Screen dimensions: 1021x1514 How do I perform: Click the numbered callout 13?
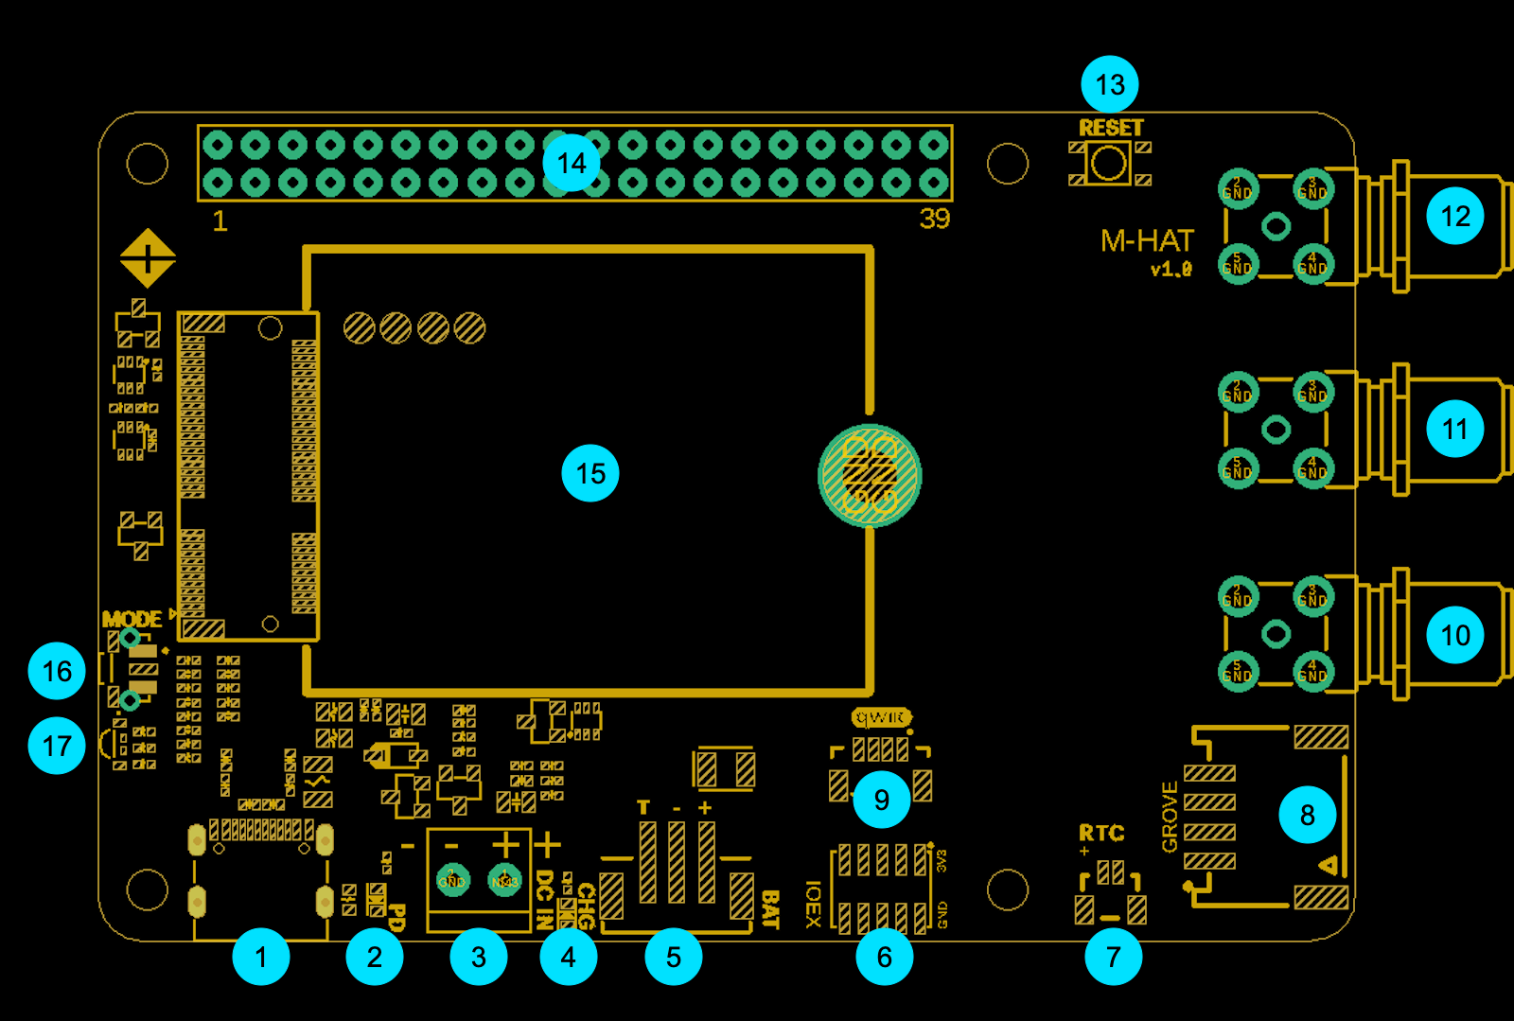[x=1110, y=84]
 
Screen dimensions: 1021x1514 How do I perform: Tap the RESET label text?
[x=1111, y=128]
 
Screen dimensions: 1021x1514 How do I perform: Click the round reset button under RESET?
[x=1109, y=164]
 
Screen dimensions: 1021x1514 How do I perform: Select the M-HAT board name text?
[x=1147, y=241]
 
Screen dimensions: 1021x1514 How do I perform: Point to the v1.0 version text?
[x=1171, y=270]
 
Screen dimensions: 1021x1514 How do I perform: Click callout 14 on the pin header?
[x=572, y=163]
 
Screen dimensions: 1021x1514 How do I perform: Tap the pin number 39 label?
[x=935, y=219]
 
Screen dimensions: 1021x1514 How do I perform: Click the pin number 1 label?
[x=220, y=220]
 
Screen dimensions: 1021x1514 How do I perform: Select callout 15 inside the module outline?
[x=590, y=473]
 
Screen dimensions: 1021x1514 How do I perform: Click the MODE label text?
[x=132, y=620]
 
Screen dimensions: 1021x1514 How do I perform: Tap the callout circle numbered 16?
[x=57, y=671]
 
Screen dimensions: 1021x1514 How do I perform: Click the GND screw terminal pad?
[x=452, y=880]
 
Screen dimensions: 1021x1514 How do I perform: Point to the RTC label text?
[x=1101, y=833]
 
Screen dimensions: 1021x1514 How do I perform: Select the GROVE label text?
[x=1170, y=817]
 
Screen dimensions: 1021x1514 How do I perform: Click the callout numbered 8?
[x=1308, y=815]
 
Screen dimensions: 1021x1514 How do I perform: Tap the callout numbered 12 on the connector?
[x=1455, y=216]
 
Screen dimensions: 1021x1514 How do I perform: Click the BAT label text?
[x=770, y=909]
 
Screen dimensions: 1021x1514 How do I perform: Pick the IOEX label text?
[x=812, y=904]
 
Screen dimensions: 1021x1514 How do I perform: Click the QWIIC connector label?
[x=881, y=718]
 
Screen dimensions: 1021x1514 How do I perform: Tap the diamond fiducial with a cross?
[x=148, y=257]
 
